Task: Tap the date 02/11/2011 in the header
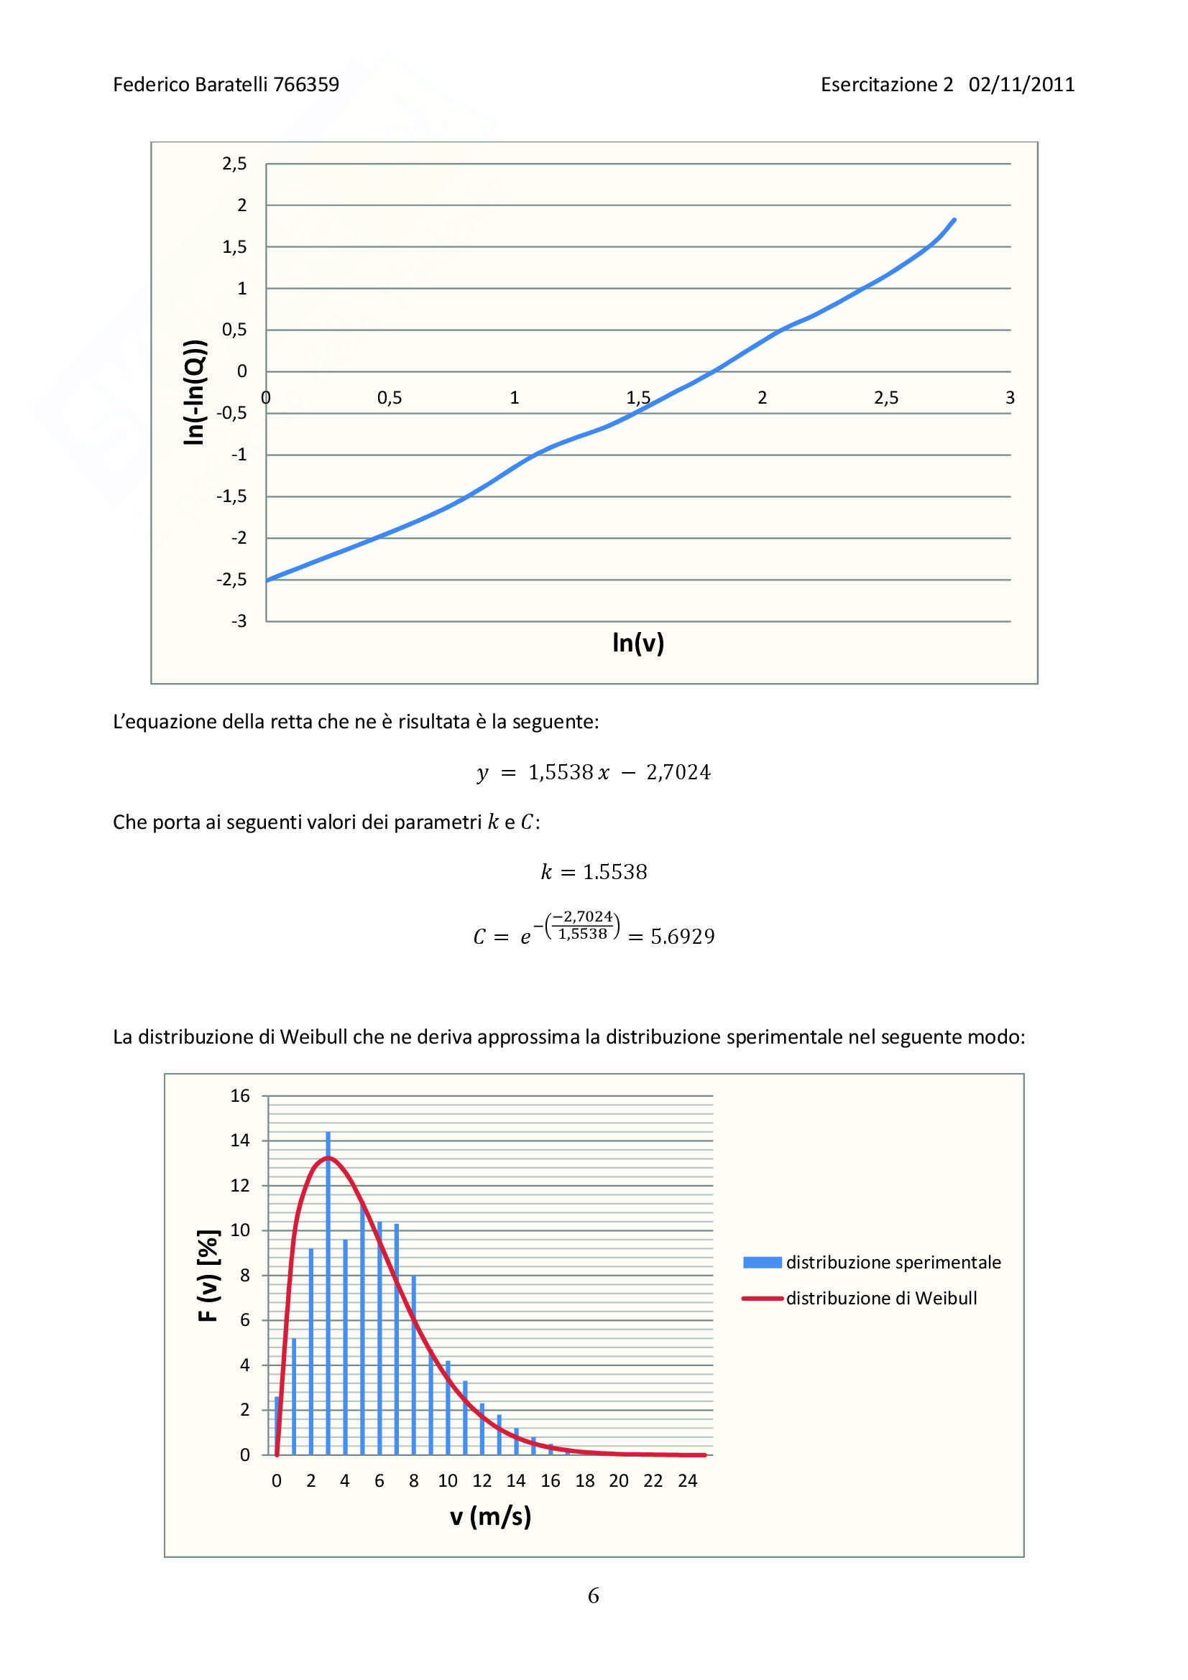[1021, 85]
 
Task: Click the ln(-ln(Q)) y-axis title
[194, 392]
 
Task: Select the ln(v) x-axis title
[637, 642]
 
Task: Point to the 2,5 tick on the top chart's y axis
[234, 164]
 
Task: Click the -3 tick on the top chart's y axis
[239, 621]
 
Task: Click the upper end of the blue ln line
[954, 220]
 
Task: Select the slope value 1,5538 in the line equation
[561, 772]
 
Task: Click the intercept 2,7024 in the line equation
[678, 772]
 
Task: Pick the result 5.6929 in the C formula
[682, 937]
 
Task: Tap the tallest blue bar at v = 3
[328, 1244]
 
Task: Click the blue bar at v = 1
[293, 1398]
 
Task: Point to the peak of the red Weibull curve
[327, 1158]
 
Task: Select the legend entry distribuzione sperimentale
[893, 1262]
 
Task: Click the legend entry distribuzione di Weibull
[880, 1298]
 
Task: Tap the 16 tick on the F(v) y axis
[240, 1096]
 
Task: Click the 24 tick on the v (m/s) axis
[686, 1481]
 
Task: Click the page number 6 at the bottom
[593, 1595]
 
